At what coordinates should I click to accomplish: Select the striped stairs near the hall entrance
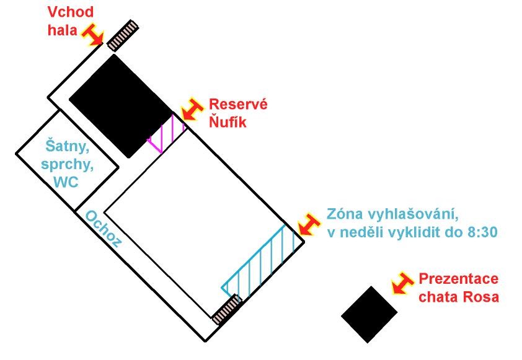point(122,35)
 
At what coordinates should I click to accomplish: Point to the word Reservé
point(238,104)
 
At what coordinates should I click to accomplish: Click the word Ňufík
point(227,121)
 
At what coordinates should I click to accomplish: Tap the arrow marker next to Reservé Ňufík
point(192,110)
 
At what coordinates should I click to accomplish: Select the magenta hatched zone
point(168,134)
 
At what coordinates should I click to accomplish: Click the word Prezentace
point(459,279)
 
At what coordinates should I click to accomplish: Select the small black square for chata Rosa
point(369,314)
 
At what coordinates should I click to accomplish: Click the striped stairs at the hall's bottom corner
point(226,310)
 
